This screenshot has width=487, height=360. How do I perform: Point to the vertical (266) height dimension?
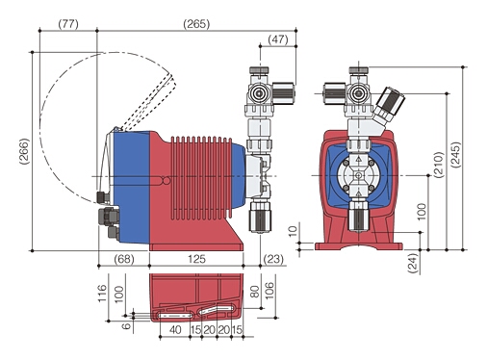pos(24,151)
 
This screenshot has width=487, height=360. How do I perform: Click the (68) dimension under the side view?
pos(123,260)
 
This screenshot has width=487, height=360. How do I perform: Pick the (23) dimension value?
pos(273,260)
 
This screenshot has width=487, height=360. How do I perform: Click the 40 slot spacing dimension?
pos(175,329)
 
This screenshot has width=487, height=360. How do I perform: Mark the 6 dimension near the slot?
pos(128,325)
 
